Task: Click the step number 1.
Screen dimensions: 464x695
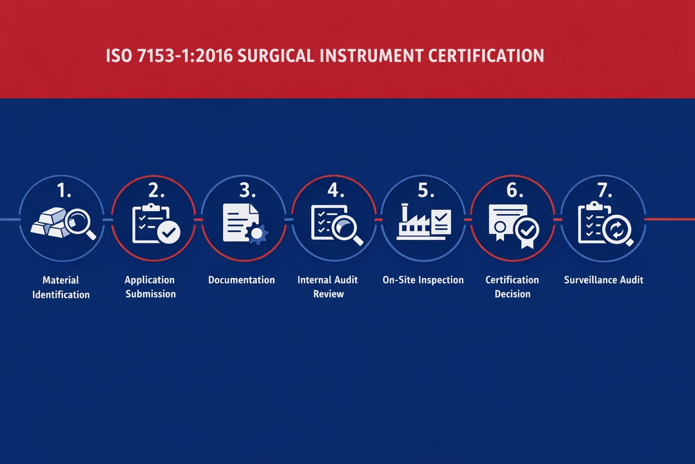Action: (x=64, y=191)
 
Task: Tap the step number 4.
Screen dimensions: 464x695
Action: (x=335, y=191)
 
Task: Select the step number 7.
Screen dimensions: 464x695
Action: (x=605, y=191)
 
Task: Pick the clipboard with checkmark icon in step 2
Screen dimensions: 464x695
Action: (x=155, y=224)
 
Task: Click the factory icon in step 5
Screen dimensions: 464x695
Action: (x=424, y=223)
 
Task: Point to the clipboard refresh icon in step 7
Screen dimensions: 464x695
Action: (x=605, y=225)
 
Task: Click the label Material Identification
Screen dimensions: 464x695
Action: (x=61, y=287)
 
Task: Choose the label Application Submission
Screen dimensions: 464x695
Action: (x=150, y=287)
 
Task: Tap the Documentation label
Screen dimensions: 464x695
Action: (x=241, y=280)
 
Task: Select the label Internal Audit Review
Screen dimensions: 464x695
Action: (x=328, y=287)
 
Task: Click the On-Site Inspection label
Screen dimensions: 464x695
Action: (x=423, y=280)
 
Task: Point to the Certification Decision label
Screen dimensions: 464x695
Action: (x=512, y=287)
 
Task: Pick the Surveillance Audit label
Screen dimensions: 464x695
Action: (x=604, y=280)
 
